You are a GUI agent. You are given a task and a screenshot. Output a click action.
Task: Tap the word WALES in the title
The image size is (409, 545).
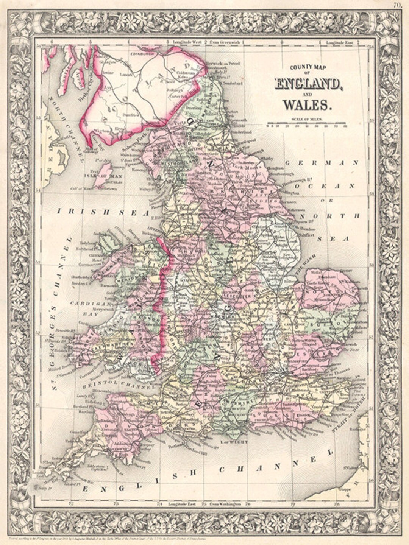(308, 103)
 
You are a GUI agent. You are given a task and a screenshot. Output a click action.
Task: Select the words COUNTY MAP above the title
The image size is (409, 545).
(308, 68)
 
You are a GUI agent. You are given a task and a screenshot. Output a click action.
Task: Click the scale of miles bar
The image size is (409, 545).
(306, 123)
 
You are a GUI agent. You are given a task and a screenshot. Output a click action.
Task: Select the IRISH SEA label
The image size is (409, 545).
(103, 213)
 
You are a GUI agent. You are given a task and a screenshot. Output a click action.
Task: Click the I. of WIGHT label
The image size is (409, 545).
(235, 442)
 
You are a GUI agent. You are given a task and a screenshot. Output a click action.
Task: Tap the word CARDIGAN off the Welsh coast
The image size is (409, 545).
(89, 304)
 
